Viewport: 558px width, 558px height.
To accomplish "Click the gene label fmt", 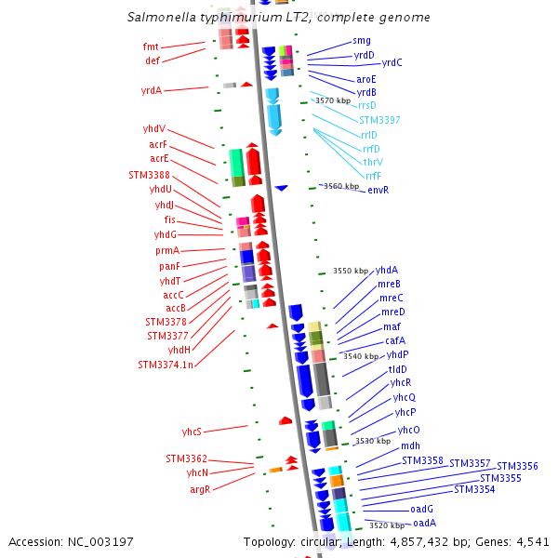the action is coord(151,46).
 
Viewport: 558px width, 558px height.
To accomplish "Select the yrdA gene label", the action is coord(151,91).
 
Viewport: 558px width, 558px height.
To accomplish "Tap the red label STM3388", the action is coord(149,175).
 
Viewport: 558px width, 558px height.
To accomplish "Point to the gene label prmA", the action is coord(167,251).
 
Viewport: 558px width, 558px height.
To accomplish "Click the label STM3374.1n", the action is coord(166,365).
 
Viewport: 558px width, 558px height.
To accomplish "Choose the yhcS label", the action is coord(192,432).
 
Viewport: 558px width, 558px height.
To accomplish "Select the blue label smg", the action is coord(362,41).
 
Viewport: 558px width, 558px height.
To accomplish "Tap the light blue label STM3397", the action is coord(379,120).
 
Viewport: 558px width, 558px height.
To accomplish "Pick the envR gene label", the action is coord(378,191).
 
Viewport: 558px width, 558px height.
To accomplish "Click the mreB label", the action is coord(390,284).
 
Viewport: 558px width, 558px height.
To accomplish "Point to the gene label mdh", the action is coord(410,446).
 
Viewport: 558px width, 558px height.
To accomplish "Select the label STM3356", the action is coord(517,467).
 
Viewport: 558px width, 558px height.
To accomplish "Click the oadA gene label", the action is coord(425,524).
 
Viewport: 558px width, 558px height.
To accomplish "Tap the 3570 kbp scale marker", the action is coord(332,100).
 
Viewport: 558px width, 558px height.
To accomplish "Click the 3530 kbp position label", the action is coord(372,441).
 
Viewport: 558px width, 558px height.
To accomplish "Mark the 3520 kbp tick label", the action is coord(384,525).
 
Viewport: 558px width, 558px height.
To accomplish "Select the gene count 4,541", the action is coord(532,541).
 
